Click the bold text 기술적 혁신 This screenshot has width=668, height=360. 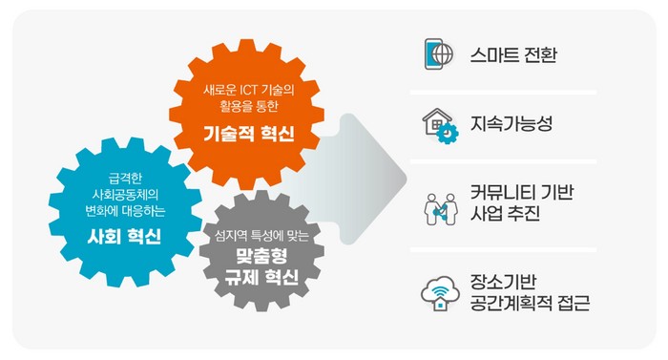click(x=249, y=134)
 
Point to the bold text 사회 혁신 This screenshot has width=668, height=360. click(x=124, y=236)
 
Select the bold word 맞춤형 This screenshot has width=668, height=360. click(x=261, y=256)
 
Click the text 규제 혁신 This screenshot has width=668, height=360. click(x=261, y=277)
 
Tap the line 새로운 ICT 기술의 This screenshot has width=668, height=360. click(x=249, y=90)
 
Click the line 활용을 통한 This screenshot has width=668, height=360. click(x=249, y=106)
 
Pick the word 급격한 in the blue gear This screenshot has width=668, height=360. click(x=125, y=179)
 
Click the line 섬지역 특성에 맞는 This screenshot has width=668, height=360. click(x=261, y=235)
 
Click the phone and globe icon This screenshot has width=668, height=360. click(x=439, y=54)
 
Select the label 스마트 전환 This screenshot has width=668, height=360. click(x=513, y=55)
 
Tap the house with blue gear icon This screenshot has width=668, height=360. click(x=441, y=126)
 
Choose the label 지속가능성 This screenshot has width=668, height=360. click(x=511, y=124)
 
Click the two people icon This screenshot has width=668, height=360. click(x=441, y=209)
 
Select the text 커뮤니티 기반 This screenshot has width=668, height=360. click(x=522, y=192)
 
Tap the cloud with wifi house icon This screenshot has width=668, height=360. click(x=441, y=293)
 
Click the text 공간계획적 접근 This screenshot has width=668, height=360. click(x=530, y=304)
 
